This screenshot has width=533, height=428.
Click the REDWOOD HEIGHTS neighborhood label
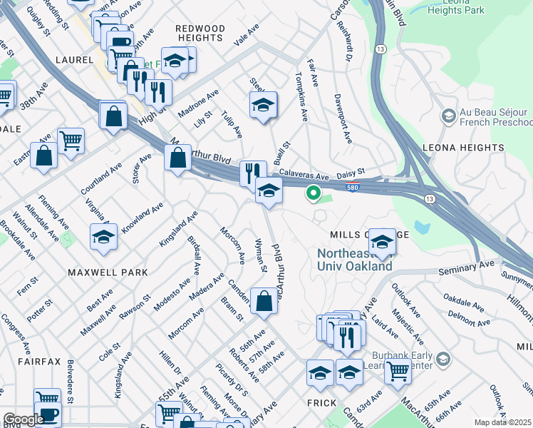pyautogui.click(x=200, y=33)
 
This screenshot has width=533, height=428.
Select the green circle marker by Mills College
pyautogui.click(x=312, y=192)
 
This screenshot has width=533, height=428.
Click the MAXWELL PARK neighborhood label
pyautogui.click(x=108, y=272)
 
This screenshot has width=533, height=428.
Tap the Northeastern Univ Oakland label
pyautogui.click(x=354, y=260)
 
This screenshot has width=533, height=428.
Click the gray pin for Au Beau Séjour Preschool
pyautogui.click(x=449, y=115)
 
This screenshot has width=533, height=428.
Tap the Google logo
pyautogui.click(x=24, y=419)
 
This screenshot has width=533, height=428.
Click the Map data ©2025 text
pyautogui.click(x=502, y=422)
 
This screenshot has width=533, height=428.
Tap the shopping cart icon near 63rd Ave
pyautogui.click(x=398, y=370)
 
